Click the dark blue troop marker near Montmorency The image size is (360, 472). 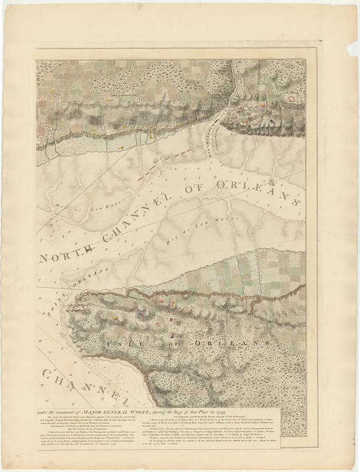point(272,122)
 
